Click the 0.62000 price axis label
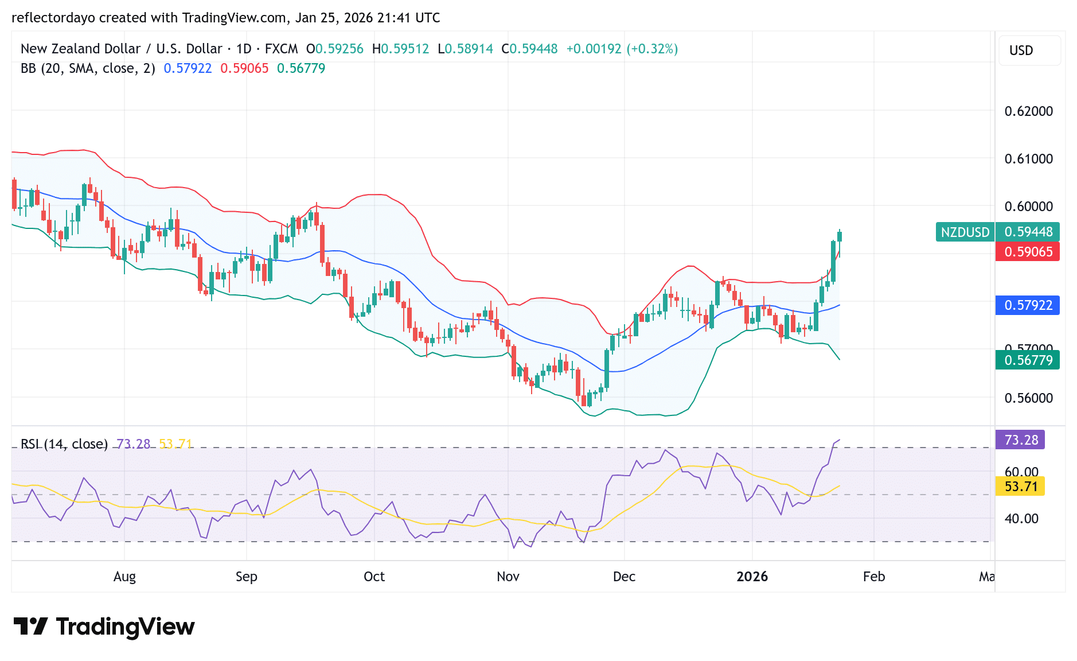(x=1028, y=111)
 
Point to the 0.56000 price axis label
(x=1028, y=398)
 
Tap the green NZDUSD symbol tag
(x=965, y=232)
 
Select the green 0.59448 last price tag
(x=1028, y=232)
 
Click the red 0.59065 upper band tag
(x=1028, y=252)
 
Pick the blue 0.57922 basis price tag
(x=1028, y=305)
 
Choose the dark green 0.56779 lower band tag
(x=1028, y=360)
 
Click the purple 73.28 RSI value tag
(x=1021, y=440)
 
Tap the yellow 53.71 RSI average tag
(x=1021, y=487)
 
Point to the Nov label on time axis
(x=508, y=577)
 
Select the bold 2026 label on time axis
(x=752, y=577)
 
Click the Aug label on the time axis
(x=124, y=577)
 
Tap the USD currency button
(x=1021, y=50)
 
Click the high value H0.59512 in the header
(x=400, y=49)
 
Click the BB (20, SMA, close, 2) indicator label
(x=88, y=68)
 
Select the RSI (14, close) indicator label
(x=64, y=444)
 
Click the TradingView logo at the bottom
(x=104, y=627)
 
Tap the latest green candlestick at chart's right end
(x=840, y=236)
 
